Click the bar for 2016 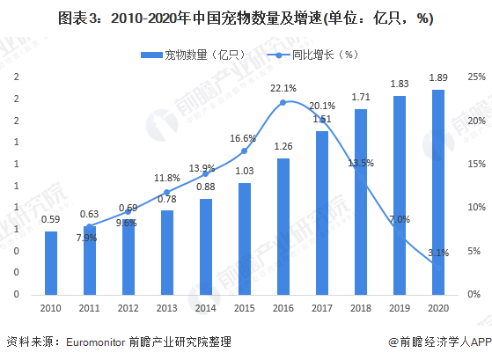pyautogui.click(x=283, y=226)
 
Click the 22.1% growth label pyautogui.click(x=283, y=89)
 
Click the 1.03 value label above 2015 pyautogui.click(x=244, y=171)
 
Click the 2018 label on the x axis pyautogui.click(x=360, y=308)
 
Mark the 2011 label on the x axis pyautogui.click(x=90, y=308)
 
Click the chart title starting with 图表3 pyautogui.click(x=246, y=18)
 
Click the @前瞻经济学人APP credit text pyautogui.click(x=437, y=342)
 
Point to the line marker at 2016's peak pyautogui.click(x=283, y=103)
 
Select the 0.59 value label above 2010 pyautogui.click(x=51, y=219)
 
